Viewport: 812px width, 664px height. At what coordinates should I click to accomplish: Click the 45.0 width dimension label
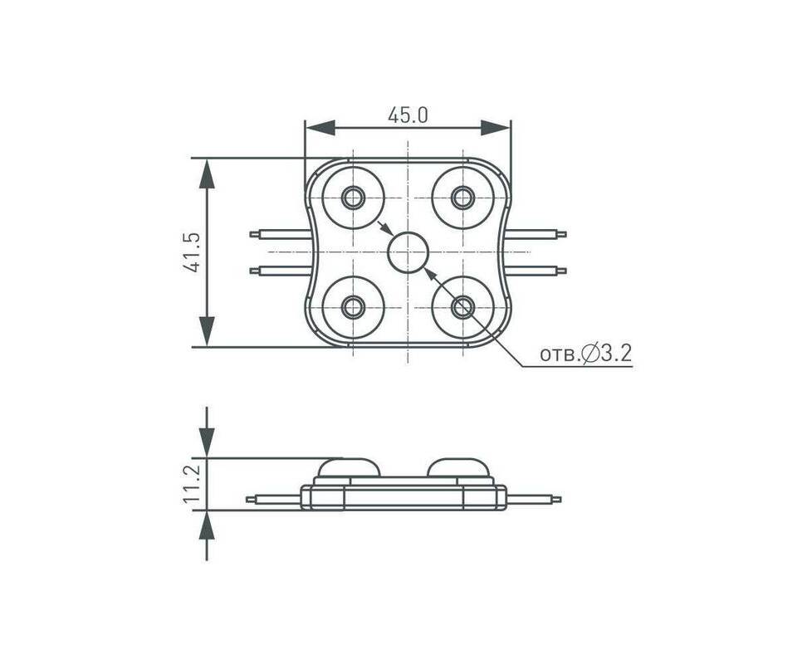tap(408, 115)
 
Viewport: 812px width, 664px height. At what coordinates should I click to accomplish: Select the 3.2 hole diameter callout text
tap(585, 354)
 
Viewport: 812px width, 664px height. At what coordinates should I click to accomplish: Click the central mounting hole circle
tap(408, 252)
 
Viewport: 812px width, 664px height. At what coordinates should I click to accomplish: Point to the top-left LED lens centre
tap(353, 198)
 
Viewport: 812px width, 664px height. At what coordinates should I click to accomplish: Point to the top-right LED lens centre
tap(462, 198)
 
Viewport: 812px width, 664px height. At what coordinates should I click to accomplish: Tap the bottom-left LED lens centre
tap(353, 307)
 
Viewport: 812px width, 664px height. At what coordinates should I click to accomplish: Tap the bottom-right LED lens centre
tap(462, 307)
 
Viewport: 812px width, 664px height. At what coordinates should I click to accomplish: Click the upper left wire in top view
tap(280, 234)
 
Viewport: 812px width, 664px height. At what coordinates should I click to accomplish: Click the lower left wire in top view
tap(280, 270)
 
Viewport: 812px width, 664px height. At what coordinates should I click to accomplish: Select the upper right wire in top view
tap(536, 234)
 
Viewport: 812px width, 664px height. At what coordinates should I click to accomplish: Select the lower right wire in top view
tap(536, 270)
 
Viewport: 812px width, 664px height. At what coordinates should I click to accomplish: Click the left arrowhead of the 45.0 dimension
tap(320, 128)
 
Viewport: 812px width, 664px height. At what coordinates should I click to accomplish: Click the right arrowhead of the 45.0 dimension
tap(496, 128)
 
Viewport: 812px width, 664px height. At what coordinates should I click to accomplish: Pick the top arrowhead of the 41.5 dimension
tap(207, 173)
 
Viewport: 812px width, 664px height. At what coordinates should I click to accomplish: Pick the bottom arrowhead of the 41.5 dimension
tap(207, 332)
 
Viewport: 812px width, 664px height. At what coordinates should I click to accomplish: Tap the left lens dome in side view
tap(349, 467)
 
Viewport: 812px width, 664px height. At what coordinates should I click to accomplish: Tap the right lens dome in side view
tap(458, 467)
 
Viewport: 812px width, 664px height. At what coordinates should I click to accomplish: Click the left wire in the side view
tap(273, 500)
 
